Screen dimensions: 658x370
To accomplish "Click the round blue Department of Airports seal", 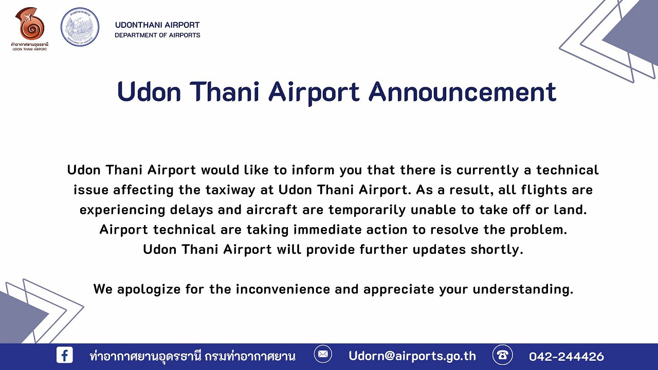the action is pyautogui.click(x=80, y=27).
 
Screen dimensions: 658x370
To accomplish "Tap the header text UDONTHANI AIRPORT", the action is pyautogui.click(x=157, y=25).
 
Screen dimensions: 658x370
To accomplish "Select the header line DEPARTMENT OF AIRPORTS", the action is pyautogui.click(x=157, y=35).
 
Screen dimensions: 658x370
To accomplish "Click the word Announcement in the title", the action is pyautogui.click(x=462, y=91).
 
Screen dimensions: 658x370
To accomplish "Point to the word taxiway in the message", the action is pyautogui.click(x=230, y=190).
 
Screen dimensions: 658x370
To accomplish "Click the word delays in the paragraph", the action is pyautogui.click(x=192, y=210).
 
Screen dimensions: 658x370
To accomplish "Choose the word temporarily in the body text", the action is pyautogui.click(x=367, y=210).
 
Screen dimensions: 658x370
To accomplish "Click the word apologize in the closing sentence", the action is pyautogui.click(x=149, y=289).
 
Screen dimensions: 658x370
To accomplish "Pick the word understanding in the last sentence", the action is pyautogui.click(x=523, y=289).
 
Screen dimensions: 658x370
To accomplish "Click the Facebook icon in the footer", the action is pyautogui.click(x=65, y=355).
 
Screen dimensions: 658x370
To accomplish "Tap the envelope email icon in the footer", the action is pyautogui.click(x=323, y=354).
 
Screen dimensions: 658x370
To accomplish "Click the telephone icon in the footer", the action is pyautogui.click(x=503, y=355).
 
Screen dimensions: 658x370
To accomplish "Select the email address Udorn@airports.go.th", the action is pyautogui.click(x=412, y=356).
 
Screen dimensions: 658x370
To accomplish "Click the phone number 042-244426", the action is pyautogui.click(x=566, y=357).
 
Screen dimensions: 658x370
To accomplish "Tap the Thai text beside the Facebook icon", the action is pyautogui.click(x=192, y=356).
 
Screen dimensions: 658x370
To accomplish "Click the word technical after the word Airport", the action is pyautogui.click(x=184, y=230).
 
